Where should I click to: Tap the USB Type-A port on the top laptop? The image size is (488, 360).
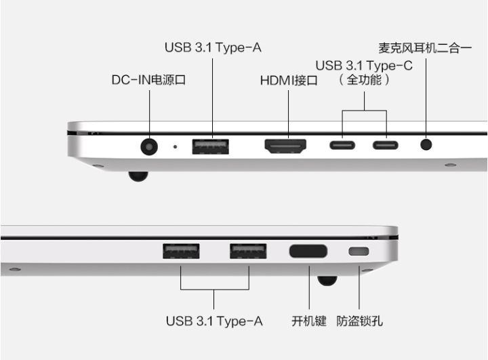pos(210,145)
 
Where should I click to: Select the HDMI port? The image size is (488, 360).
pos(285,145)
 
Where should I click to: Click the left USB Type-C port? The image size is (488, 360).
pos(342,145)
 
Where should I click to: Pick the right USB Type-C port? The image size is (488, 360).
pos(386,145)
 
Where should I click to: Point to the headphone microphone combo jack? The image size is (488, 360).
pos(426,144)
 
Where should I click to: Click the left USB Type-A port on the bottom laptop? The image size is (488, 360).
pos(181,251)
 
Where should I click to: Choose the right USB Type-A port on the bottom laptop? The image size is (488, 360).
pos(248,251)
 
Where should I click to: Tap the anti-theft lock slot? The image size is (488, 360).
pos(359,252)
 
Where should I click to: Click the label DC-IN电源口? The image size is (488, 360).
pos(149,80)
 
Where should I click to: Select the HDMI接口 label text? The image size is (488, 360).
pos(289,81)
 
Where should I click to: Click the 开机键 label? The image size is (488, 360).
pos(309,321)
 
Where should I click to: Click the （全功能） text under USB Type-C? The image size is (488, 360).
pos(365,80)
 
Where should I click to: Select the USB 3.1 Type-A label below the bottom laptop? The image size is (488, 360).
pos(214,321)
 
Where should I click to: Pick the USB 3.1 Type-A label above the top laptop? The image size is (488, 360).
pos(213,47)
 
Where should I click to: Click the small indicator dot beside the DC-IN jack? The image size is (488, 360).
pos(176,145)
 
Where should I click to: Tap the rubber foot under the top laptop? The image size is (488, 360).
pos(138,176)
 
